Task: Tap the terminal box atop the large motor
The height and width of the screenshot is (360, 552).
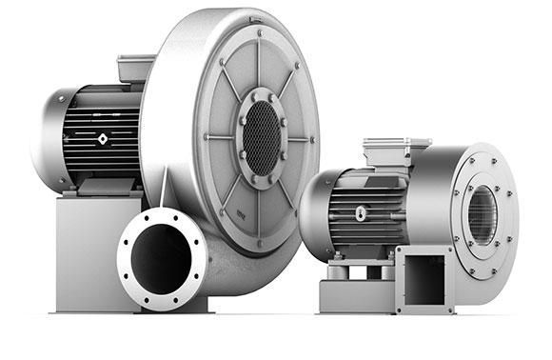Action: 136,68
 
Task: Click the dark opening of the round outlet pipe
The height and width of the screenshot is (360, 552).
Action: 161,256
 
